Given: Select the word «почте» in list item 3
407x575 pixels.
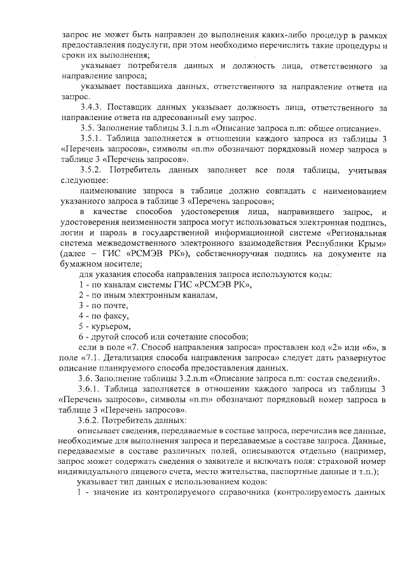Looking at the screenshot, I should point(103,305).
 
